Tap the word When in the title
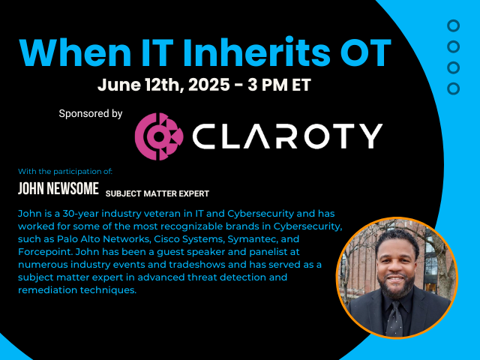click(x=75, y=52)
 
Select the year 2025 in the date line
click(x=208, y=85)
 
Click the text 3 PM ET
click(x=279, y=85)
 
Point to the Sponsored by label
click(x=91, y=113)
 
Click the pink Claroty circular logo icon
click(x=159, y=136)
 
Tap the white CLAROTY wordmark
click(x=287, y=136)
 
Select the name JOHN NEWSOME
click(x=58, y=188)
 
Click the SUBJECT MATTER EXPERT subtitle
click(x=157, y=193)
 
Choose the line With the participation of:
click(x=65, y=172)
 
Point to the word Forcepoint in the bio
click(x=45, y=252)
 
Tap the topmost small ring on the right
click(x=453, y=26)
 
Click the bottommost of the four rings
click(x=453, y=88)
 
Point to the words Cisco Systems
click(x=189, y=239)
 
